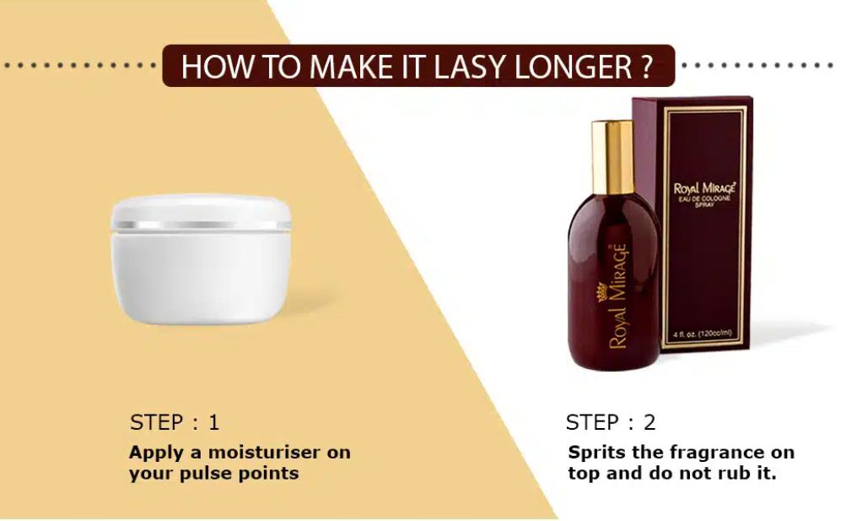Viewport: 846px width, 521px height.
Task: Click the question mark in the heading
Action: [646, 67]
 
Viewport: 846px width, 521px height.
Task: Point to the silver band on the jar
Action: [201, 225]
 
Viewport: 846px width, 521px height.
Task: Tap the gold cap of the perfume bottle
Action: [613, 156]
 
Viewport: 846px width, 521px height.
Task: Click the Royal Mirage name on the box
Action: [704, 188]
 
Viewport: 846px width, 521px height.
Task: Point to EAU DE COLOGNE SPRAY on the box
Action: [704, 201]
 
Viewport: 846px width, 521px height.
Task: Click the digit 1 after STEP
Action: [213, 422]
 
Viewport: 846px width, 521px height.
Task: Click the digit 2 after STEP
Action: [649, 422]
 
